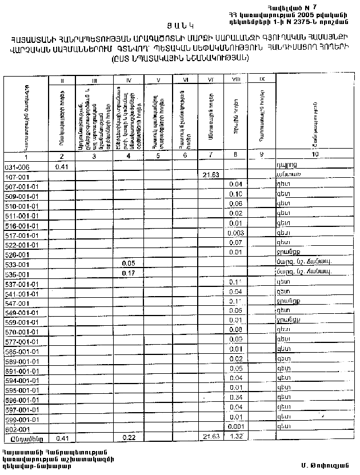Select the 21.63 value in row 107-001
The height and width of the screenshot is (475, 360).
coord(211,176)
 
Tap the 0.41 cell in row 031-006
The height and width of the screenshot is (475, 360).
coord(62,166)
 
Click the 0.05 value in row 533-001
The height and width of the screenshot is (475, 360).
coord(129,264)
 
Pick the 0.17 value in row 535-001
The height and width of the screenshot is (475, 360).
coord(129,274)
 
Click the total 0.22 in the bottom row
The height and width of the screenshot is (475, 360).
coord(129,437)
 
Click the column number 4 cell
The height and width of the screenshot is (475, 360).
coord(129,156)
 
